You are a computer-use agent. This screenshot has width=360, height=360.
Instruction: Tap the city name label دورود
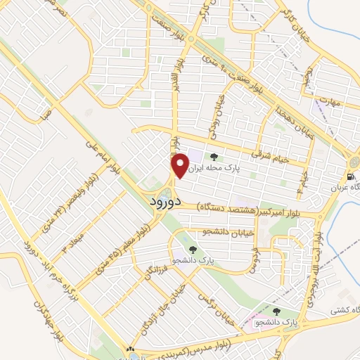(x=166, y=201)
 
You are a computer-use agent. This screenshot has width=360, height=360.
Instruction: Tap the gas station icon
(x=350, y=176)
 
